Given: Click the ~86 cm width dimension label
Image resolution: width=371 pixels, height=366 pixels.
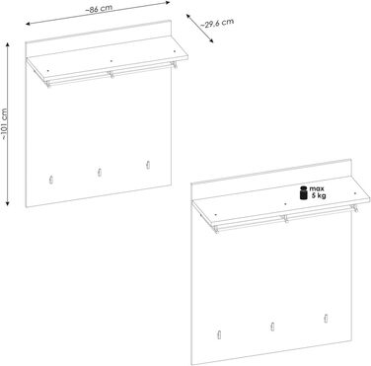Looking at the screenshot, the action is point(99,9).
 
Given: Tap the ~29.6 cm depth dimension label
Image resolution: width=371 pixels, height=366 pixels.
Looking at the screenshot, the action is point(217,23).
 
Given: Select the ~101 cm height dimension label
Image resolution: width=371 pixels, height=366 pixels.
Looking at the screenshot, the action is point(4,124).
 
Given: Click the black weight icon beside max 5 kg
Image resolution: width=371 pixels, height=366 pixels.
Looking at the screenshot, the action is point(303,192).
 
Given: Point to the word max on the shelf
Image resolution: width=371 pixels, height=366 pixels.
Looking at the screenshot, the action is point(317,188).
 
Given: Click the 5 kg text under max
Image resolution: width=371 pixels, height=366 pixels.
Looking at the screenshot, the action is point(319,196).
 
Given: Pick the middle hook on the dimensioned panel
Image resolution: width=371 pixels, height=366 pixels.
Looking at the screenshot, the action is point(100,173).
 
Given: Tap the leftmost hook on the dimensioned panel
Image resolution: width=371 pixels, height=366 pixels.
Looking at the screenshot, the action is point(51,180).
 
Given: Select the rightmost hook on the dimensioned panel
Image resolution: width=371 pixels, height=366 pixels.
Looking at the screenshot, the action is point(148,165).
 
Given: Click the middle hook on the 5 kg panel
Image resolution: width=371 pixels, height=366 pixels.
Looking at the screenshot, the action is point(272,327).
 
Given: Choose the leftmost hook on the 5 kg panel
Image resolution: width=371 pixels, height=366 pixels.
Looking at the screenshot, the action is point(218,333).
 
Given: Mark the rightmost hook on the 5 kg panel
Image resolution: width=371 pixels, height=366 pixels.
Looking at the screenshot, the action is point(326,318).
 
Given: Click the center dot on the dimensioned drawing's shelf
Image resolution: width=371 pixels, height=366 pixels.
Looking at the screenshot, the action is point(111,61).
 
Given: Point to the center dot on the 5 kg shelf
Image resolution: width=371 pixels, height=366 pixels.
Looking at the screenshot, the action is point(285,204).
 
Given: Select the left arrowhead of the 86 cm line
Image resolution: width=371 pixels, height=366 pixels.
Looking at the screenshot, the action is point(29,24).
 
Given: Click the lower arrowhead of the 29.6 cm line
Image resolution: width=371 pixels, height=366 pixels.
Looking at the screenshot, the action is point(211,40).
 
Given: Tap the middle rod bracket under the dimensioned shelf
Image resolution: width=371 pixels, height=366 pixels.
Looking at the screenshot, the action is point(111,75).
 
